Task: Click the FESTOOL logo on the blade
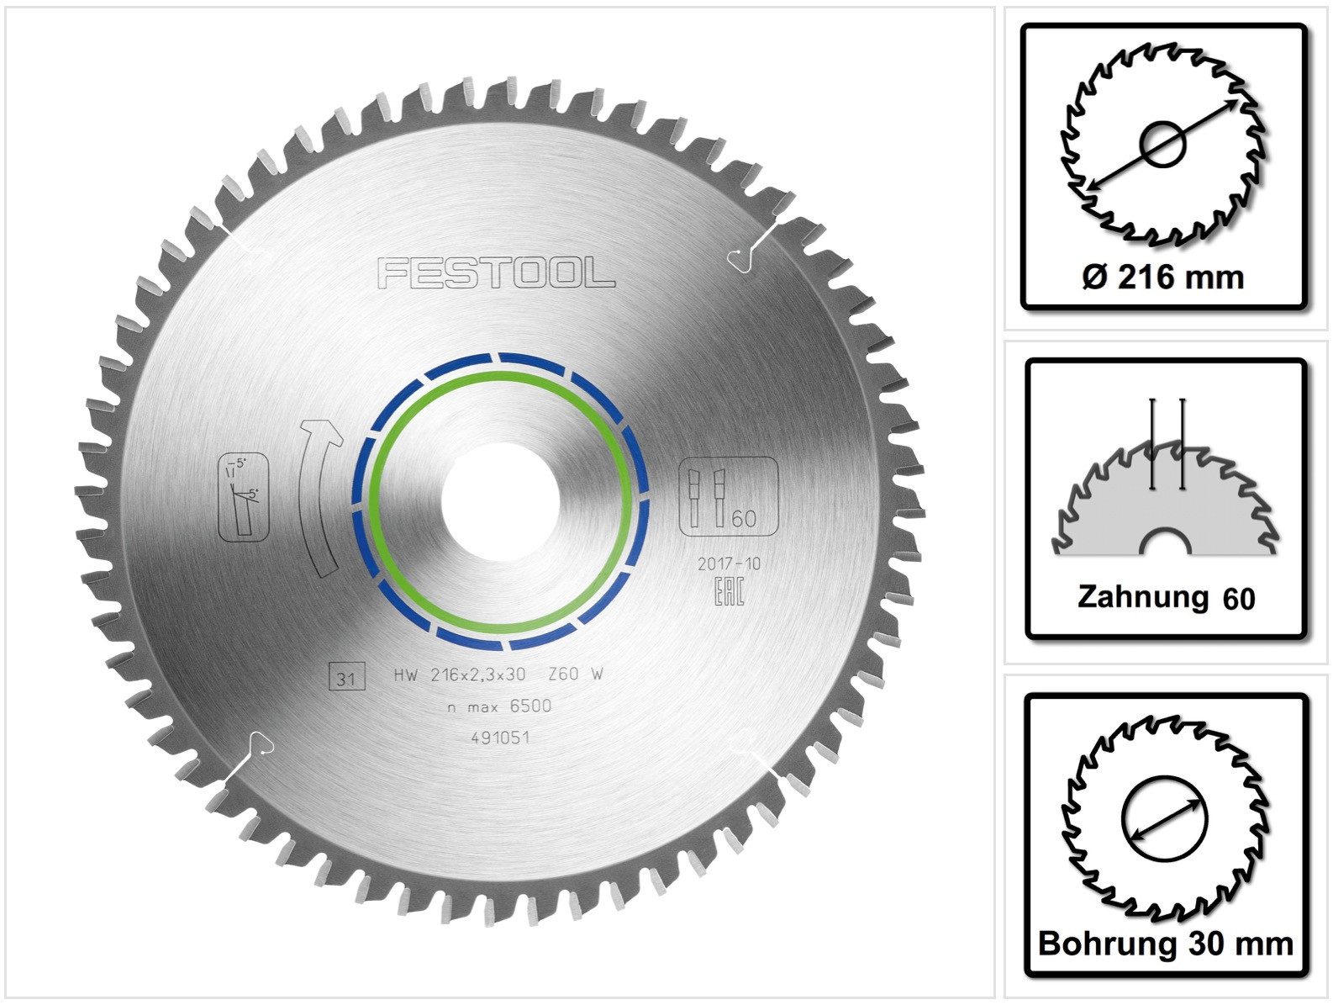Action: pyautogui.click(x=496, y=273)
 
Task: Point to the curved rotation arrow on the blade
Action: pyautogui.click(x=319, y=496)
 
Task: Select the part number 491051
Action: pyautogui.click(x=499, y=738)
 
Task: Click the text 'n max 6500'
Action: pyautogui.click(x=499, y=706)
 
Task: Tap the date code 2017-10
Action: pyautogui.click(x=728, y=563)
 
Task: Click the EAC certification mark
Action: pyautogui.click(x=729, y=590)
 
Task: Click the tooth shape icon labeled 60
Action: pyautogui.click(x=728, y=496)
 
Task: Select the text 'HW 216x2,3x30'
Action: pyautogui.click(x=460, y=674)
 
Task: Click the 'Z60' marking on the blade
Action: pyautogui.click(x=562, y=674)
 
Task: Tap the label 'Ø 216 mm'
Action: pyautogui.click(x=1163, y=277)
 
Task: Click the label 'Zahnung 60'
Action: pyautogui.click(x=1165, y=598)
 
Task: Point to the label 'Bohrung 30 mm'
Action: pyautogui.click(x=1165, y=944)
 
